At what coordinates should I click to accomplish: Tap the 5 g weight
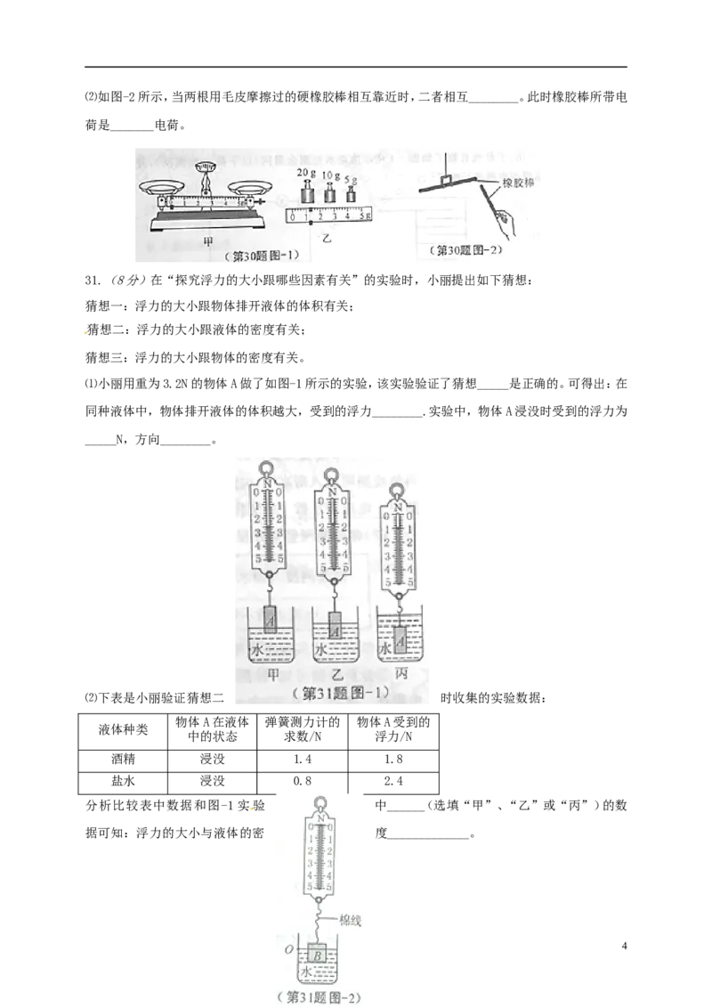[352, 195]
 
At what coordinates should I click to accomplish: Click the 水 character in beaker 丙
[384, 648]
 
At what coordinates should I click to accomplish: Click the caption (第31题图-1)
[335, 693]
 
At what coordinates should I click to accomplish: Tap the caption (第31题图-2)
[320, 998]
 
